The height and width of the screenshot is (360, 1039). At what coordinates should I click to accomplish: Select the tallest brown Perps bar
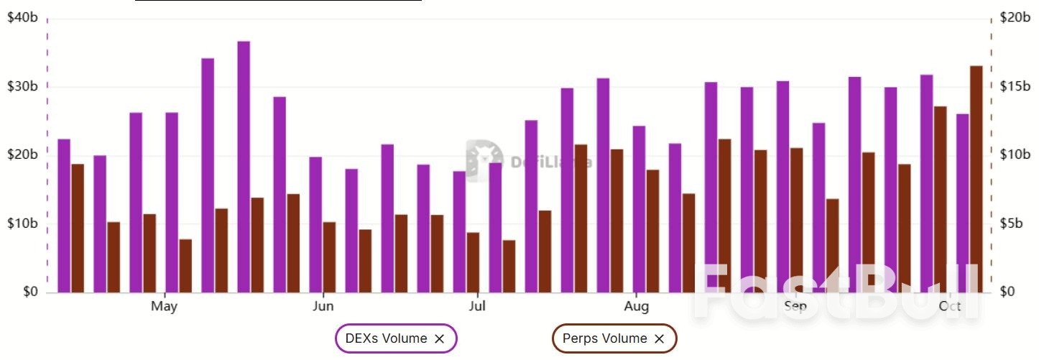976,179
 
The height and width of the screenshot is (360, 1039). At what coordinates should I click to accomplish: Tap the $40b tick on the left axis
22,17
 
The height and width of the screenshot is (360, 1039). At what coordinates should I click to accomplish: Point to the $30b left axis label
22,86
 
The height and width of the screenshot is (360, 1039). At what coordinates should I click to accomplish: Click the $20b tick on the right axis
1015,17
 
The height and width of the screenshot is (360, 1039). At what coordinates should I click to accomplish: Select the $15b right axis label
1015,86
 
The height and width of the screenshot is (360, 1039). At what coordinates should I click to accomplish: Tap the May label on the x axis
164,307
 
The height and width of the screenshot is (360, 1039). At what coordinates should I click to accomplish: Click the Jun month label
323,307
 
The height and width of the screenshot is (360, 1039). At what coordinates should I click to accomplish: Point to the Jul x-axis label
477,307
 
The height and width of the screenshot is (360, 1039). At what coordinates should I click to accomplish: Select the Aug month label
636,307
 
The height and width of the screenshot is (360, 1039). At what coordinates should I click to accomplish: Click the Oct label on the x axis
950,307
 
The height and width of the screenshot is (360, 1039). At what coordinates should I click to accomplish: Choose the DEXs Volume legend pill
387,338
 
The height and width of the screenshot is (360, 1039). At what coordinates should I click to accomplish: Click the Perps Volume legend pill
605,338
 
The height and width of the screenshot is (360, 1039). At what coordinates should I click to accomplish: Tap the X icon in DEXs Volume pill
440,338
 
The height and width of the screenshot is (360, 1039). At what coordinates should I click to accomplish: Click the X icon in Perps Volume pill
660,338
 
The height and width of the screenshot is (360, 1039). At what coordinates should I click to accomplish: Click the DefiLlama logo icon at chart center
484,160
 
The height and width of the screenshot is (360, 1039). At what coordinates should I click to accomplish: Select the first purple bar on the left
64,216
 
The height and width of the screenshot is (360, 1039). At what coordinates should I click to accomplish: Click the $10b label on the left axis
22,223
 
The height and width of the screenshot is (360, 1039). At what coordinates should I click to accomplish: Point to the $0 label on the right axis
1009,292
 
